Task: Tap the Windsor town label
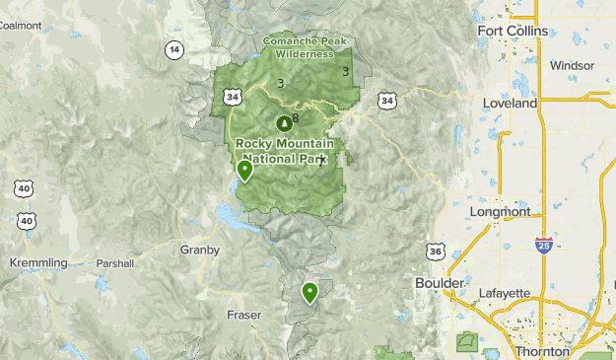pyautogui.click(x=573, y=65)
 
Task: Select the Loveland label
pyautogui.click(x=510, y=103)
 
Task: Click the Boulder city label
pyautogui.click(x=439, y=283)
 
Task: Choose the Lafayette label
pyautogui.click(x=505, y=294)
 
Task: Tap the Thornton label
pyautogui.click(x=541, y=351)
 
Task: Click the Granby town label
pyautogui.click(x=199, y=250)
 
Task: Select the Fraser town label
pyautogui.click(x=242, y=315)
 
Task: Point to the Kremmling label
pyautogui.click(x=37, y=263)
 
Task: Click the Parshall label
pyautogui.click(x=114, y=263)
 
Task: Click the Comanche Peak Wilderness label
pyautogui.click(x=306, y=47)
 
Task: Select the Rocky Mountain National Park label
pyautogui.click(x=285, y=151)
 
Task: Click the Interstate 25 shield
pyautogui.click(x=543, y=245)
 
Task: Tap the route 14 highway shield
pyautogui.click(x=174, y=49)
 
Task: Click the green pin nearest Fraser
pyautogui.click(x=309, y=291)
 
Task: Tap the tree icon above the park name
pyautogui.click(x=284, y=124)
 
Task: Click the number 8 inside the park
pyautogui.click(x=296, y=118)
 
